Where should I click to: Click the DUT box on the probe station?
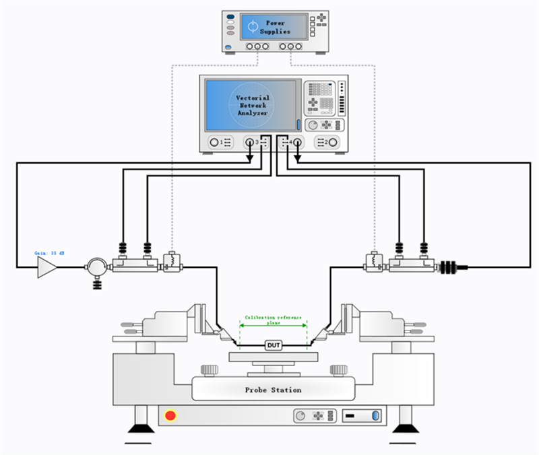coord(273,346)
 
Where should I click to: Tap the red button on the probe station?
coord(170,415)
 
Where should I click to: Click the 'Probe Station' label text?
coord(273,390)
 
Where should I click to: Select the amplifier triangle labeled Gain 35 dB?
coord(46,267)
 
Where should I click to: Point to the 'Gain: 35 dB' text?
coord(50,253)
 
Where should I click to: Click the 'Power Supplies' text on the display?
coord(276,27)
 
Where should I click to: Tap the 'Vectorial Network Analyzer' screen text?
coord(252,106)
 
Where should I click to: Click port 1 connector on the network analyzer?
coord(215,143)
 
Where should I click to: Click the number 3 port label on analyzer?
coord(257,143)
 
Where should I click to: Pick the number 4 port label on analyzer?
coord(290,143)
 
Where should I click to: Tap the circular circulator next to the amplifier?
coord(97,267)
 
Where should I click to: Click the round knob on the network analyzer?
coord(313,125)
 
